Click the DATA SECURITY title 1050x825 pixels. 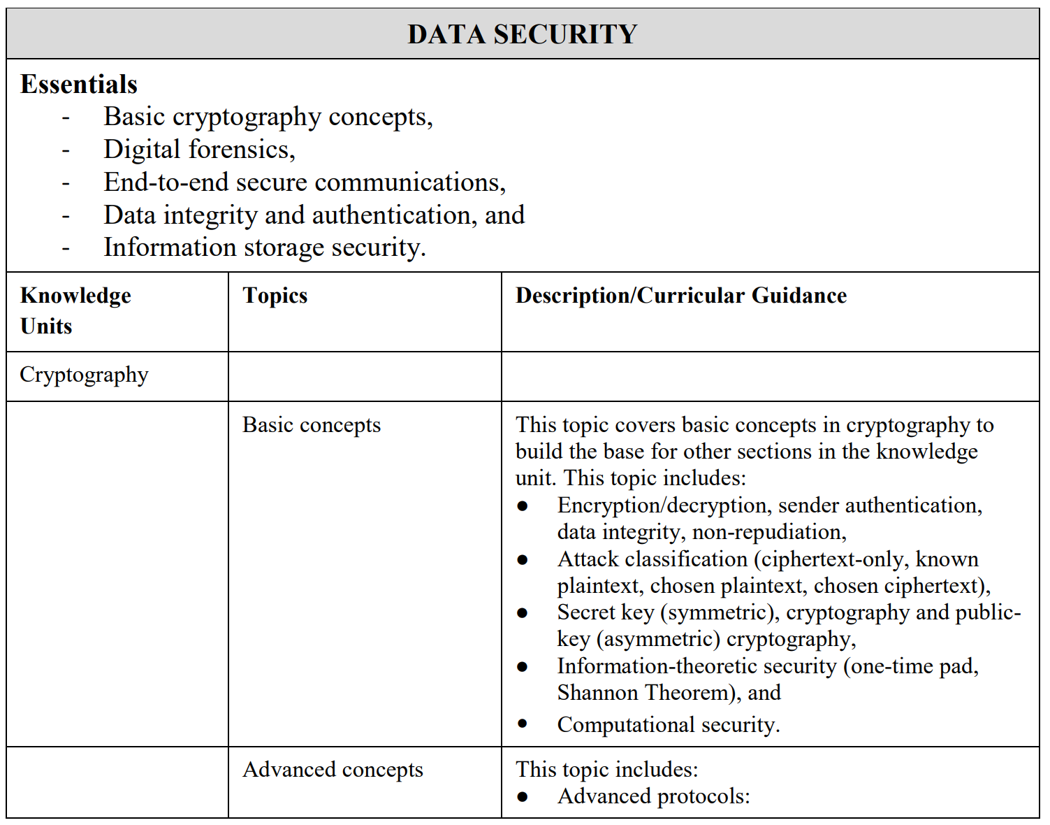(x=522, y=34)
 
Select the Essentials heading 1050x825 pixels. (x=79, y=85)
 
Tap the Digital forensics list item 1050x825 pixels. (x=199, y=150)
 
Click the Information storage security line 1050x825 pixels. (x=264, y=247)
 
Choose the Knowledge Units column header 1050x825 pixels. (x=75, y=310)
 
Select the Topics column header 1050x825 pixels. (x=275, y=296)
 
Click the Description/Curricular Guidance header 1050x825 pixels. (x=680, y=296)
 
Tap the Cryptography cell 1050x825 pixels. (x=84, y=375)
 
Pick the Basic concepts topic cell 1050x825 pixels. (x=312, y=425)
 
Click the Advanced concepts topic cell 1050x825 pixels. (x=333, y=770)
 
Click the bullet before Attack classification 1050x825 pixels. (x=523, y=559)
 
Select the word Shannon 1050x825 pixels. (x=598, y=693)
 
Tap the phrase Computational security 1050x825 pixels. (x=668, y=725)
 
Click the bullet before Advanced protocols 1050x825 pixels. (x=523, y=796)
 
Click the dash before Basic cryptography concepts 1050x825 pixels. (x=66, y=117)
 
